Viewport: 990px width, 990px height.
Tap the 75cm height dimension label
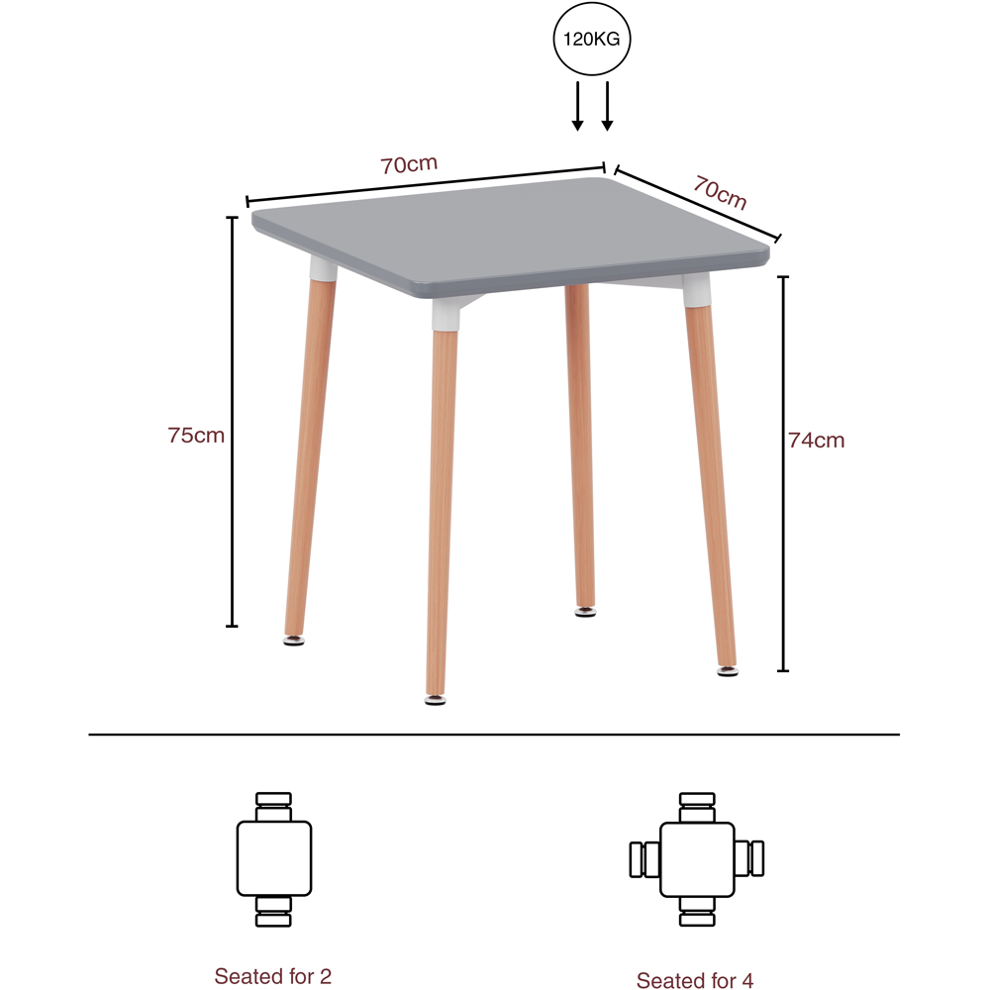pyautogui.click(x=196, y=434)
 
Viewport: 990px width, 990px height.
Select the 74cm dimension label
pyautogui.click(x=817, y=441)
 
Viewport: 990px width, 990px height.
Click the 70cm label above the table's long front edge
pyautogui.click(x=409, y=165)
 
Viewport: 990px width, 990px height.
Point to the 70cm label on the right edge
pyautogui.click(x=720, y=192)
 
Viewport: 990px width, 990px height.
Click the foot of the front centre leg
pyautogui.click(x=434, y=700)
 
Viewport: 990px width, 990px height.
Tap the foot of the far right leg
pyautogui.click(x=728, y=672)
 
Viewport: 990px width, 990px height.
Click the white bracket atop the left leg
pyautogui.click(x=323, y=268)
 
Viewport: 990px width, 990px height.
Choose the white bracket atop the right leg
pyautogui.click(x=697, y=289)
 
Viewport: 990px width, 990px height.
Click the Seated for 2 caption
pyautogui.click(x=273, y=976)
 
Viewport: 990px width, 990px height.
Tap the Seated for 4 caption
pyautogui.click(x=695, y=980)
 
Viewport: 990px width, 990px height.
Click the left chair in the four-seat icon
pyautogui.click(x=643, y=858)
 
